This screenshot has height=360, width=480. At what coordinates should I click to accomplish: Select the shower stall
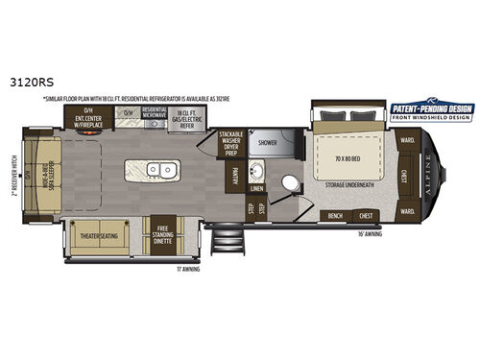[268, 143]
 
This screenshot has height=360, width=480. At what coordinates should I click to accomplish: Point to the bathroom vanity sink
[256, 172]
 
